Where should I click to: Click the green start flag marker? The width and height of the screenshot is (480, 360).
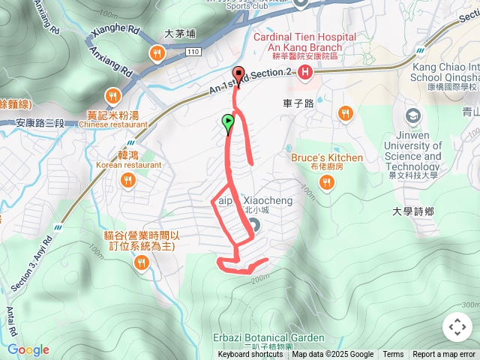click(x=228, y=123)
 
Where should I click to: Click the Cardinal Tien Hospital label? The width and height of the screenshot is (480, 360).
click(x=304, y=37)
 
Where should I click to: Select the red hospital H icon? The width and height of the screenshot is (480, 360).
click(x=305, y=72)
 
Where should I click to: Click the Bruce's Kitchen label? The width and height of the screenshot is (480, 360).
click(x=326, y=158)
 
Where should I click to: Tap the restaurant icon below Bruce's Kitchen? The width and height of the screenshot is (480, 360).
click(x=327, y=182)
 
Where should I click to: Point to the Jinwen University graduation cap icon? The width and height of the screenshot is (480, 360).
click(x=412, y=115)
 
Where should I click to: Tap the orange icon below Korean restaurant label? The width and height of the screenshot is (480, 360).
click(x=128, y=180)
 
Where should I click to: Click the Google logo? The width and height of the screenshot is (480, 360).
click(x=28, y=349)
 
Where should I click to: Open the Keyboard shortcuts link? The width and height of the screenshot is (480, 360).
click(x=250, y=355)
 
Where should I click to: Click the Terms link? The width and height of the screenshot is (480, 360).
click(x=393, y=355)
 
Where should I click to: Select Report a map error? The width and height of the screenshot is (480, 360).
click(x=445, y=355)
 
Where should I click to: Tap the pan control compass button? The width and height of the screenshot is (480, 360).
click(x=457, y=327)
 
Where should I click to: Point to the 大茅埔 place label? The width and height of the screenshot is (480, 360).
click(x=179, y=34)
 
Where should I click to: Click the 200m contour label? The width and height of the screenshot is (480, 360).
click(x=260, y=279)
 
